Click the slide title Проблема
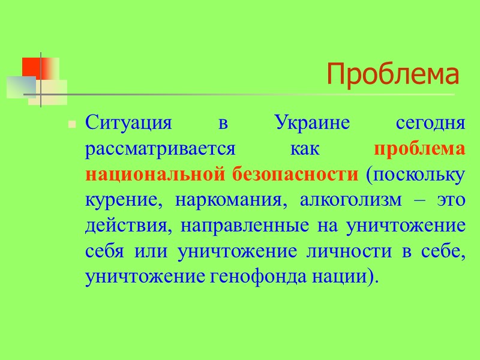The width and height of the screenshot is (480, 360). click(393, 75)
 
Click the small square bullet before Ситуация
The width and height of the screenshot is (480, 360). click(71, 125)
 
